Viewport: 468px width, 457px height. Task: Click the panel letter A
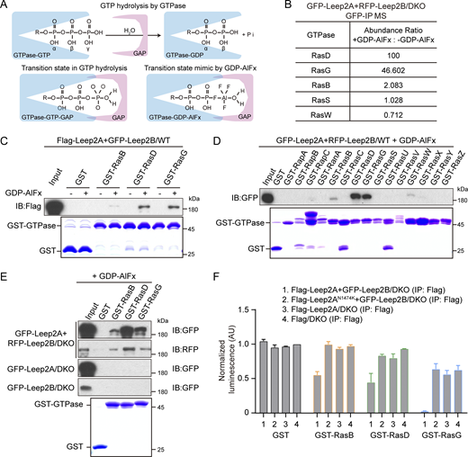(6, 8)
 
